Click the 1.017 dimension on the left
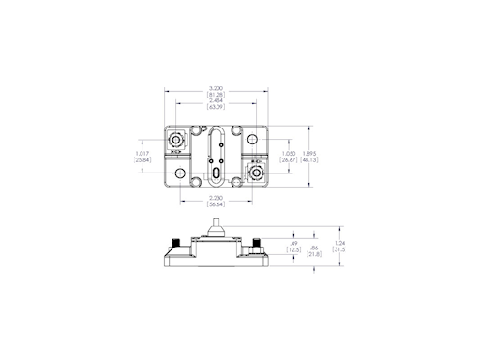142,153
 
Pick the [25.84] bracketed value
142,160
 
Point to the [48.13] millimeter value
310,160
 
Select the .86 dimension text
314,246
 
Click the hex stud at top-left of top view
175,142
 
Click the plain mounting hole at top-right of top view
253,141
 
